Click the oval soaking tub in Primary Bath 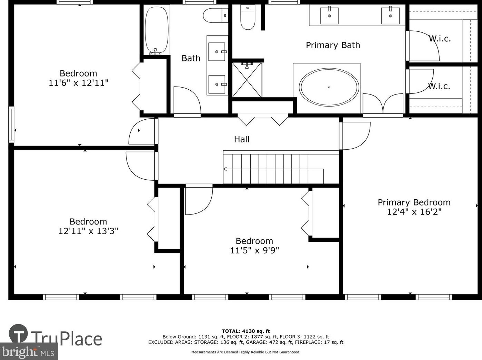coord(329,87)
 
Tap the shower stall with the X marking coord(247,80)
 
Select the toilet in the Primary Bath coord(248,18)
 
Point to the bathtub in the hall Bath coord(157,30)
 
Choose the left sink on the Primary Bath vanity coord(329,16)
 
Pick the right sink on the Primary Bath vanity coord(390,16)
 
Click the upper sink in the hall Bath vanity coord(217,52)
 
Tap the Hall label coord(242,139)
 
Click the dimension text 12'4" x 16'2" coord(414,212)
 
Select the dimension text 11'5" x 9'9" coord(254,250)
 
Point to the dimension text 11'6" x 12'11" coord(79,83)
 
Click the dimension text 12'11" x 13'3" coord(88,231)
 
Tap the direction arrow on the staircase coord(225,169)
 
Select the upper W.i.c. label coord(440,39)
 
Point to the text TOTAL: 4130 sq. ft coord(246,331)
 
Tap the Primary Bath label coord(333,45)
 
